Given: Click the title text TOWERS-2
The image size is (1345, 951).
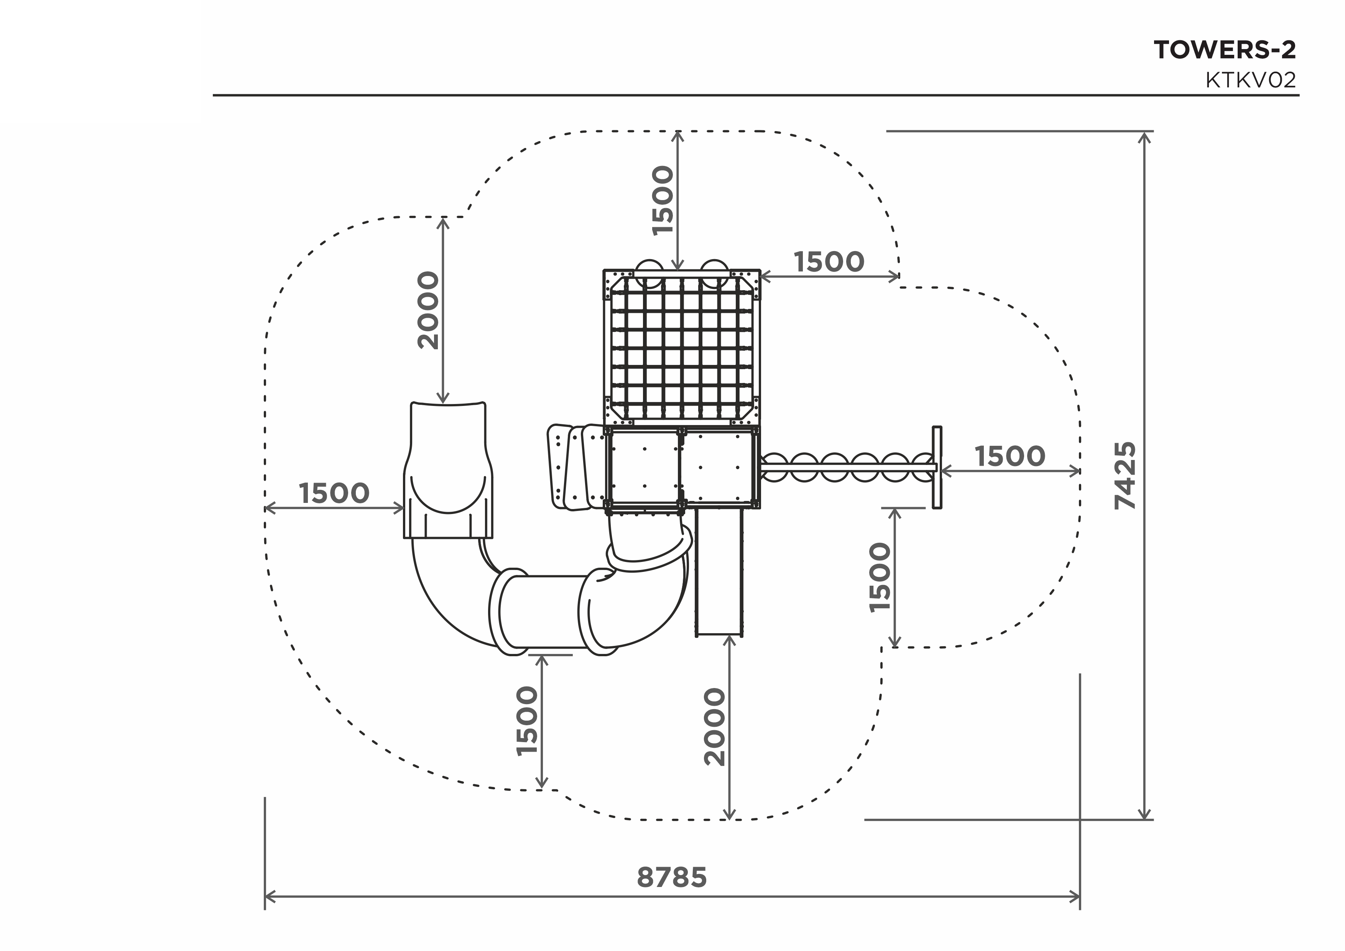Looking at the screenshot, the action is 1225,50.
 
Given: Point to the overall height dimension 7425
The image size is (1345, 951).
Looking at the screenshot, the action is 1125,475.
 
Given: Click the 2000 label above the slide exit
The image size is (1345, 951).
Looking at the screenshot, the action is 428,310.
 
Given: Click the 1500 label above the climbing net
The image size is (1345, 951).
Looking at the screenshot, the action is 663,201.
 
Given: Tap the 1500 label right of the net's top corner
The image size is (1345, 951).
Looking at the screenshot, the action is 829,262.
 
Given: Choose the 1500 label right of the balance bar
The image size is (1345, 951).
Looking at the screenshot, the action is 1010,456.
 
